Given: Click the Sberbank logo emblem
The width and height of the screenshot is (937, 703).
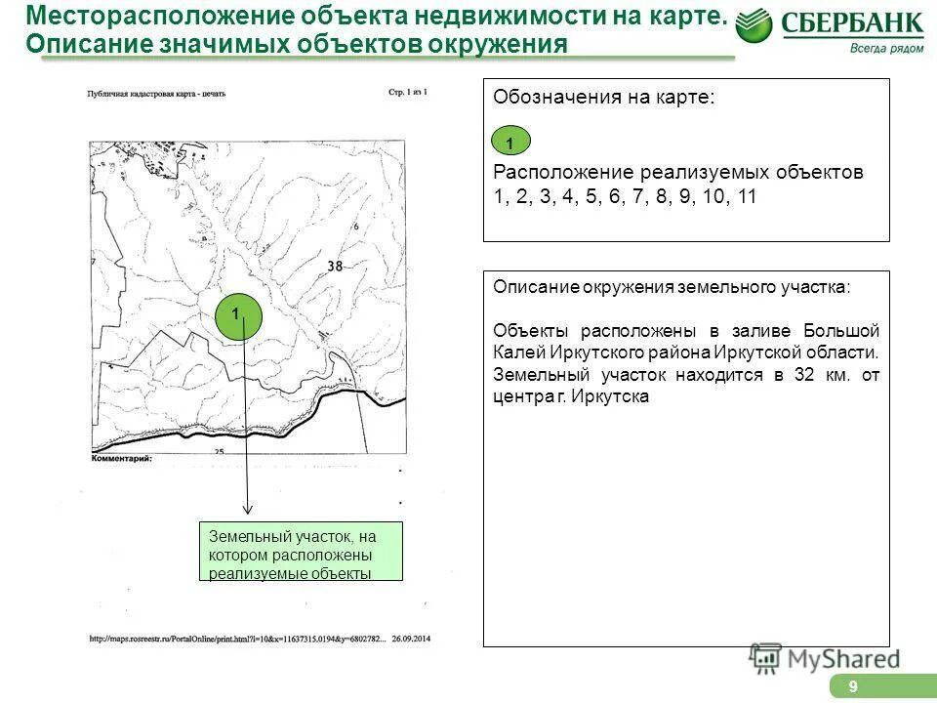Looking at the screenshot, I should (x=754, y=25).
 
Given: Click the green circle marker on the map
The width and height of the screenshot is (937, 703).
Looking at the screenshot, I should (x=238, y=315).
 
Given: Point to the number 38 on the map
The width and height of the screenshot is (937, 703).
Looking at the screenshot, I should (x=335, y=266).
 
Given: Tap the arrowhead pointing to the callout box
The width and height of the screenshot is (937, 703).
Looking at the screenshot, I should (x=248, y=509).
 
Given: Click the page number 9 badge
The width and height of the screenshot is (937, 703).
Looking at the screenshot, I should (x=853, y=687).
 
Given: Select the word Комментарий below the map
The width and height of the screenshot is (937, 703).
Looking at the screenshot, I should (x=122, y=458).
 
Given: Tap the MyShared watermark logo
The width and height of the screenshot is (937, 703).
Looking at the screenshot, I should (x=824, y=658).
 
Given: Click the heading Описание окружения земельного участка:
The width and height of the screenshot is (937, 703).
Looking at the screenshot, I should (x=672, y=287).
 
